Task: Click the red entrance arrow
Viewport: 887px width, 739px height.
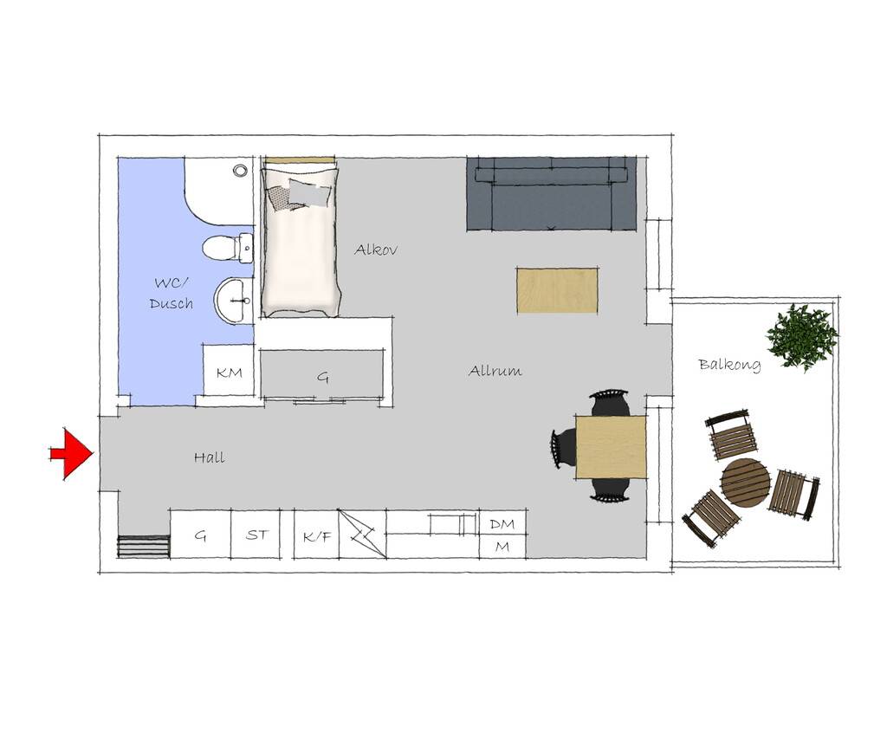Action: tap(71, 454)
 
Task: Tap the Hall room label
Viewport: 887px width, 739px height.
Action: tap(210, 457)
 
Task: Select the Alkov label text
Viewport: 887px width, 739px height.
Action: tap(376, 249)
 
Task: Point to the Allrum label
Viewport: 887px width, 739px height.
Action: tap(495, 371)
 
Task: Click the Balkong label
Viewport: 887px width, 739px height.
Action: tap(729, 365)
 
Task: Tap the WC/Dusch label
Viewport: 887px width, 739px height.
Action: tap(172, 293)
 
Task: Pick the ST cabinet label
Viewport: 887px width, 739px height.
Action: tap(257, 535)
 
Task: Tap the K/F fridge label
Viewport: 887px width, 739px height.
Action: tap(317, 536)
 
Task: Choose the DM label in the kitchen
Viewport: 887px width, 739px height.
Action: tap(502, 524)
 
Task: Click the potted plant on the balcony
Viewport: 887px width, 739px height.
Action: tap(802, 337)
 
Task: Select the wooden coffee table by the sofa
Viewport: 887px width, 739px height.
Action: tap(557, 290)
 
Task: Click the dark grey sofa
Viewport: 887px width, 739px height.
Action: tap(552, 194)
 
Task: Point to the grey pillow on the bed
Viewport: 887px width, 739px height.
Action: tap(311, 193)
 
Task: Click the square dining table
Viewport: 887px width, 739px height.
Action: tap(611, 447)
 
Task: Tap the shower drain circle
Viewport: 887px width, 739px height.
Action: tap(241, 171)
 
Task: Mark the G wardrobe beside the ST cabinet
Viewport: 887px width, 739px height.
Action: tap(200, 535)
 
